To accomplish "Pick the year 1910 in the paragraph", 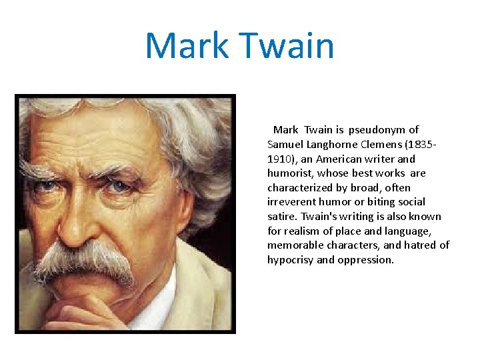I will coord(279,159).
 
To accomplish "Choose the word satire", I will coord(282,217).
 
